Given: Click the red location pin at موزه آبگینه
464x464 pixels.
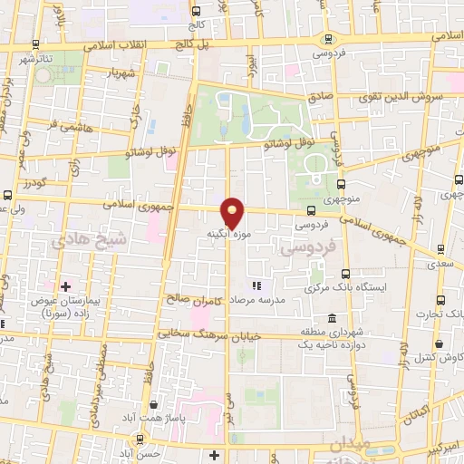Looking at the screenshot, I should [233, 212].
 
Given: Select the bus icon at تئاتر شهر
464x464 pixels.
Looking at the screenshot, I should [35, 43].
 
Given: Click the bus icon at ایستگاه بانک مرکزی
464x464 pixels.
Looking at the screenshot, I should [345, 273].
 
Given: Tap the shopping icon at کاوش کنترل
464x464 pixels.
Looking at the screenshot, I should [440, 344].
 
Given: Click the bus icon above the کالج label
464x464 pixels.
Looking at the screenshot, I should [197, 11].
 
